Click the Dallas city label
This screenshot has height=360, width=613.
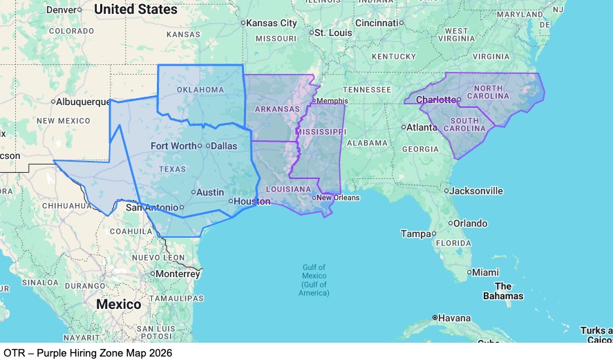click(223, 146)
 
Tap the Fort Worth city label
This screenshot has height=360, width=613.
click(173, 146)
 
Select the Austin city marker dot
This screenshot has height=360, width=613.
click(193, 192)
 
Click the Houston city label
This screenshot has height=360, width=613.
click(252, 202)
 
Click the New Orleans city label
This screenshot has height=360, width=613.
click(338, 198)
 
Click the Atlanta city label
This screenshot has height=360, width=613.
click(422, 127)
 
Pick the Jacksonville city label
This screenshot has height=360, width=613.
click(476, 191)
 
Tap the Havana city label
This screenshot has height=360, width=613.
click(454, 318)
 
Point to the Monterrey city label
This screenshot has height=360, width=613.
click(178, 274)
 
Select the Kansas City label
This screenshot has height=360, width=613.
click(272, 23)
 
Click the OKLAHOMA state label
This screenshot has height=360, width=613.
click(200, 90)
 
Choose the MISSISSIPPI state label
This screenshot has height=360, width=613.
click(321, 131)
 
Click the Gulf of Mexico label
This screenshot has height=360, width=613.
click(314, 280)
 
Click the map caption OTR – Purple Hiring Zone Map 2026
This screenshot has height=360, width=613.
click(88, 352)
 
